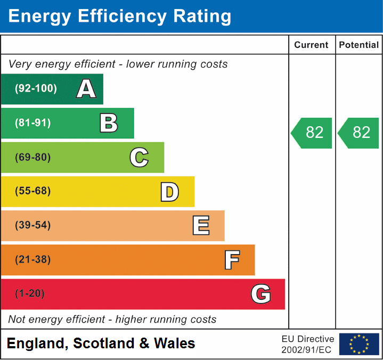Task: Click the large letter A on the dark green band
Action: (x=86, y=89)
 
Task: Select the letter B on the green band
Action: (x=109, y=123)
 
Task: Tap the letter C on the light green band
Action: (x=139, y=158)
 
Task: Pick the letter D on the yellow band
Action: (x=169, y=192)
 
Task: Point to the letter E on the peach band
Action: (x=201, y=226)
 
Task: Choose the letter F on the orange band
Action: (x=232, y=260)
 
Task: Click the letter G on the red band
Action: (x=261, y=294)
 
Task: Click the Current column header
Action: (x=312, y=45)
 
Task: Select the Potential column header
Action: (x=359, y=45)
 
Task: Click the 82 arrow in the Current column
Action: (x=312, y=133)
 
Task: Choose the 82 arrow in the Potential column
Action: (x=359, y=133)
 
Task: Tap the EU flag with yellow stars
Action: (x=359, y=345)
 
